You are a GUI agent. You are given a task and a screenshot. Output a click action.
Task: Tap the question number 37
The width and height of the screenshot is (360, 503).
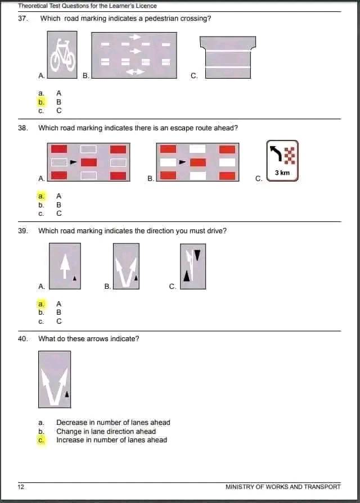point(22,19)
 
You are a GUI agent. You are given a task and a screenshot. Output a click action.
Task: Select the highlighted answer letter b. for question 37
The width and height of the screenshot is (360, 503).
point(41,102)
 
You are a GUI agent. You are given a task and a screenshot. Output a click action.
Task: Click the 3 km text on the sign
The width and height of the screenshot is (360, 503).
point(282,173)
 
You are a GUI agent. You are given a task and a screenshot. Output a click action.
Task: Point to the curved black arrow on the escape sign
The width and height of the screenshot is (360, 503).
point(276,152)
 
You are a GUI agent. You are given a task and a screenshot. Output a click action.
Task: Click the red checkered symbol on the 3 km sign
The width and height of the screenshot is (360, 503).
point(290,154)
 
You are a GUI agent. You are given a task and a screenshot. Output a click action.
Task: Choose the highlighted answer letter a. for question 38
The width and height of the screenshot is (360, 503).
point(41,196)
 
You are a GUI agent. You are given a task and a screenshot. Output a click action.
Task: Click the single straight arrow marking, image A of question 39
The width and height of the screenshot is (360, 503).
point(65,266)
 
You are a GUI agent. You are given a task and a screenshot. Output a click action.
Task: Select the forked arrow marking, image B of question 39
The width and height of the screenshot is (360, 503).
point(126,266)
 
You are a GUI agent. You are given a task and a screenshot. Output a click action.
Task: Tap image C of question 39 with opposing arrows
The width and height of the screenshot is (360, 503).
point(192,266)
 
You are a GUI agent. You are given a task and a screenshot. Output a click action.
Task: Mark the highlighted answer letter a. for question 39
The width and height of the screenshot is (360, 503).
point(41,303)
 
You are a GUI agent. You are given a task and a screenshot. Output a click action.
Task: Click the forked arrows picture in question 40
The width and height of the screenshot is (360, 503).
point(55,379)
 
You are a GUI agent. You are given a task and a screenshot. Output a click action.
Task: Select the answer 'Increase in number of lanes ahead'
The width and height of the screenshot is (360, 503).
point(111,440)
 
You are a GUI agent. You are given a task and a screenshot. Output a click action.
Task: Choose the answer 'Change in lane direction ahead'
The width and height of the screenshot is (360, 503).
point(106,432)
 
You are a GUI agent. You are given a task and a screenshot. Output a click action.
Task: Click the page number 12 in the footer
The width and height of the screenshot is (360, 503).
point(21,487)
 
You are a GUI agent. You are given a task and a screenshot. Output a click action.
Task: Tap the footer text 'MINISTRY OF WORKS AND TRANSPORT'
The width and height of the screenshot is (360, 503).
point(283,487)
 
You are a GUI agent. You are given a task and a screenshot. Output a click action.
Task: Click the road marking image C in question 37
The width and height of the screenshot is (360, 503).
point(228,57)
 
